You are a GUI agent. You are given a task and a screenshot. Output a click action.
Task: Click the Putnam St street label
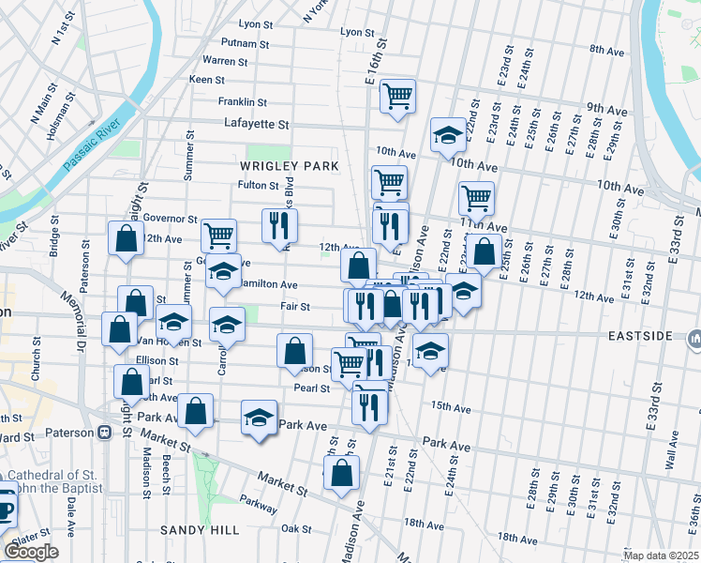[246, 43]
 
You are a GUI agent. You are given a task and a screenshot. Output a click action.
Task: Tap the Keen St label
[206, 81]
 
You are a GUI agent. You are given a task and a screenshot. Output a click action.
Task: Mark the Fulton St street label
[259, 185]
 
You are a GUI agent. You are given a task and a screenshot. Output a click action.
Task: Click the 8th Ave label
[606, 49]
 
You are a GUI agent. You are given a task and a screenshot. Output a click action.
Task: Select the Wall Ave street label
[670, 461]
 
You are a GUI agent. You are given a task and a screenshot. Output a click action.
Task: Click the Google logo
[31, 551]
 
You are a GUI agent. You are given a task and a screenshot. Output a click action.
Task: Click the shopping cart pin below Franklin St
[398, 96]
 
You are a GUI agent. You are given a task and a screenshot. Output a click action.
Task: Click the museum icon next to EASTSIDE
[693, 336]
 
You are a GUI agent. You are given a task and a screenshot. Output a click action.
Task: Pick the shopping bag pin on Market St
[342, 473]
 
